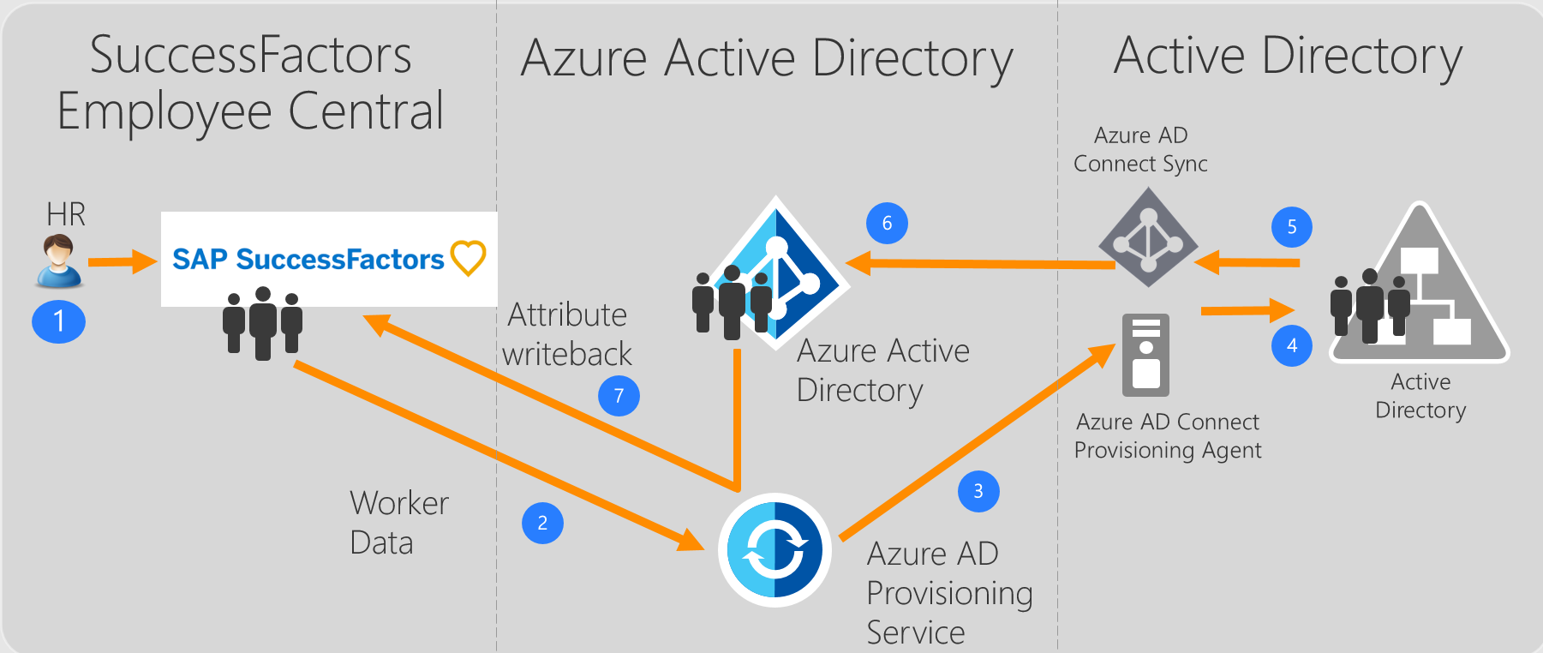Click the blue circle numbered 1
[58, 321]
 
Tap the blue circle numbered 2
[542, 523]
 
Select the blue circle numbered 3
[978, 491]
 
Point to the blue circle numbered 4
[1292, 345]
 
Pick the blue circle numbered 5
[1292, 227]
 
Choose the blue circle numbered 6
[887, 223]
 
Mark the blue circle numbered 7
[619, 396]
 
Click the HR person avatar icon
[58, 261]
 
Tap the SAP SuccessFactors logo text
[308, 259]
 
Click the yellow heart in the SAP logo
[468, 258]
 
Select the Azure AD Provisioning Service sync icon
[774, 550]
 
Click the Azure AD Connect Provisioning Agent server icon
[1145, 355]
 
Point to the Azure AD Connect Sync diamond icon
[1148, 239]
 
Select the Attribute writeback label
[567, 334]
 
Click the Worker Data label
[398, 523]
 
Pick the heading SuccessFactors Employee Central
[250, 82]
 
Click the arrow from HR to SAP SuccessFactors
[123, 261]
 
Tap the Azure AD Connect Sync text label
[1140, 149]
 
